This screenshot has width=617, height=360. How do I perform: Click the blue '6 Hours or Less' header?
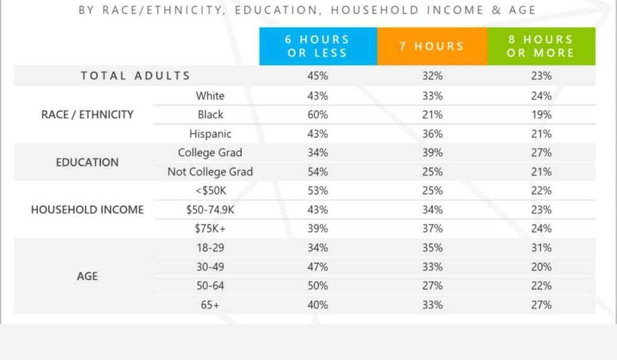click(x=318, y=46)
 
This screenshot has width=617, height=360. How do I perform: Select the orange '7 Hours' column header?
click(x=432, y=46)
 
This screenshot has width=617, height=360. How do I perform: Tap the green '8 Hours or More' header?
click(x=541, y=46)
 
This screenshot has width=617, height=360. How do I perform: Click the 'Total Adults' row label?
click(x=136, y=75)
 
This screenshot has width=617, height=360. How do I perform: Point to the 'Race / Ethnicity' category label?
click(x=87, y=115)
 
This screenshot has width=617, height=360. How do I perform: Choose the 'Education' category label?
click(x=87, y=162)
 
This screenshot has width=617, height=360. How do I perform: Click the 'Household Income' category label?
click(x=87, y=209)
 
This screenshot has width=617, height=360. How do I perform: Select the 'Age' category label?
click(x=87, y=276)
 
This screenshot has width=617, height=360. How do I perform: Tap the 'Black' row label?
click(x=210, y=115)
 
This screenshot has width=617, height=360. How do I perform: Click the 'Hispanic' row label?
click(x=210, y=134)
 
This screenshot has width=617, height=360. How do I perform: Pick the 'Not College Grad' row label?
click(x=210, y=172)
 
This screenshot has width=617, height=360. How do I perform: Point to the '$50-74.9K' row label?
click(x=210, y=209)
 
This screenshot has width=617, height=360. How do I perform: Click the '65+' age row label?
click(x=210, y=305)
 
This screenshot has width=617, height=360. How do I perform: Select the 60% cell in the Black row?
click(x=318, y=115)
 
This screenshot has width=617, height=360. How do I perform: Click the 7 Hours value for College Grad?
click(x=433, y=153)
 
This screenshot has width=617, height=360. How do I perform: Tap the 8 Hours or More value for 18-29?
click(x=541, y=248)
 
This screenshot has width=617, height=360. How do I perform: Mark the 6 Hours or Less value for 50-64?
click(x=318, y=286)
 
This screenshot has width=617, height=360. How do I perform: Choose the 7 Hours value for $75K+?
click(x=433, y=229)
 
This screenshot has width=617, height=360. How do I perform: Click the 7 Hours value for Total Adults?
click(x=433, y=75)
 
